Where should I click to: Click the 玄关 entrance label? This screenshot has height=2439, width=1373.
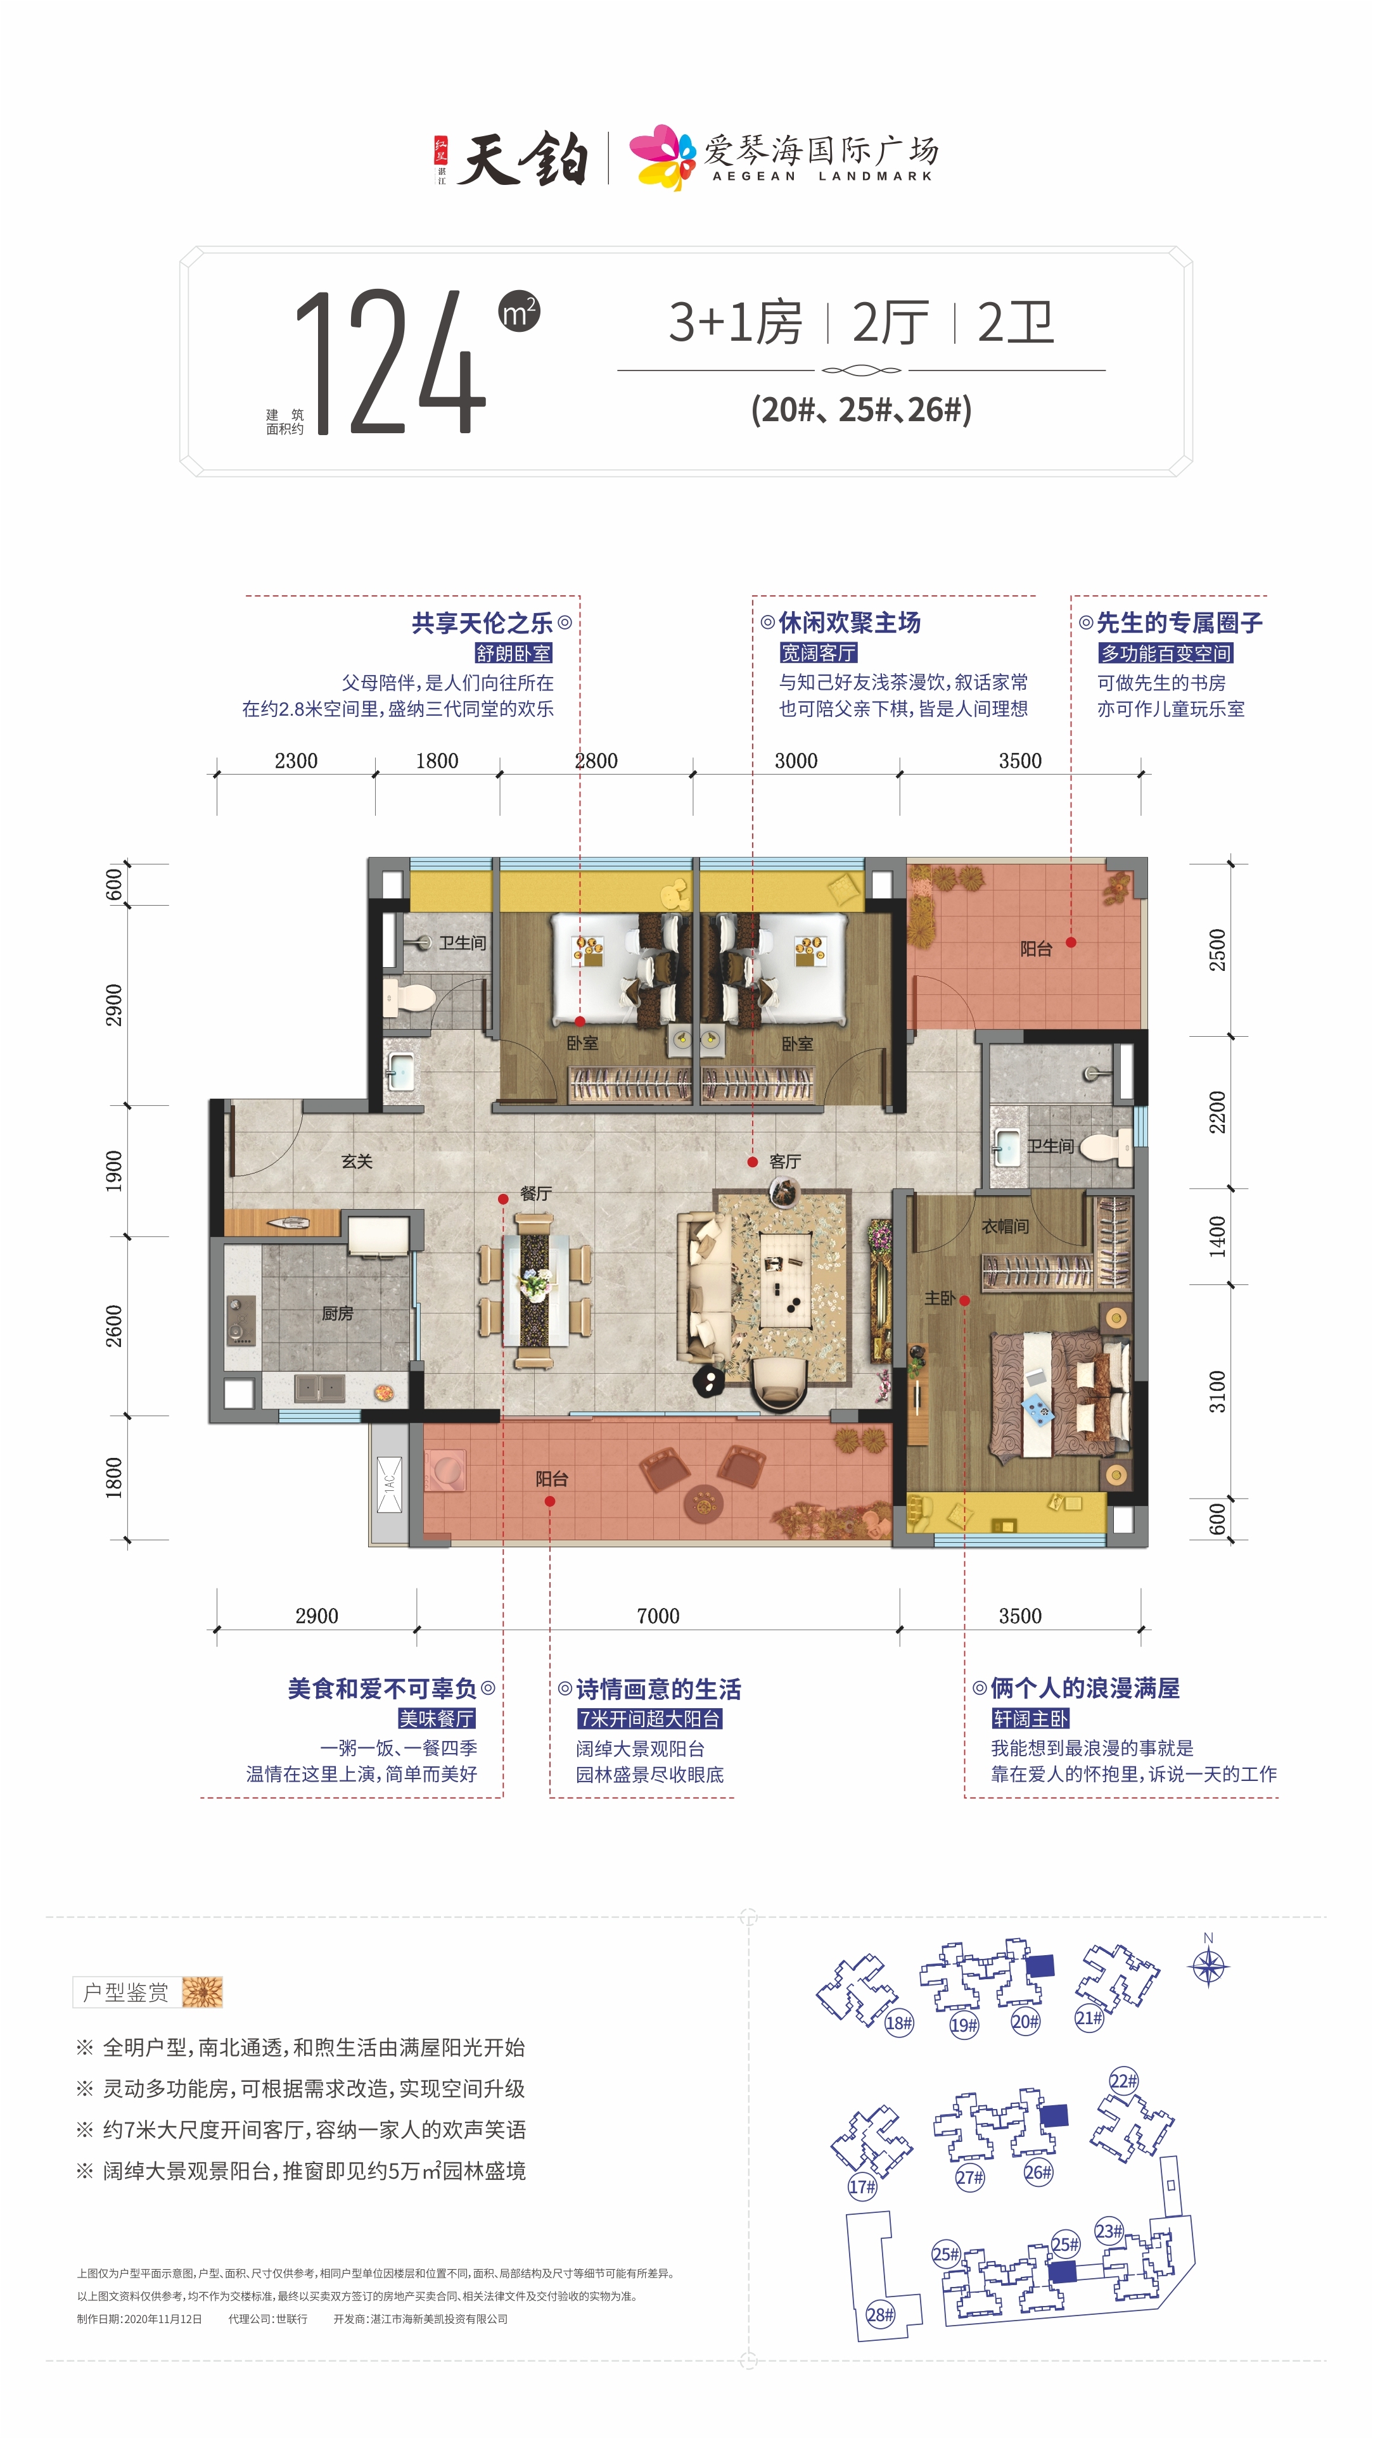tap(357, 1161)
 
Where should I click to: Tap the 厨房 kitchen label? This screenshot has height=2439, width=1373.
tap(337, 1314)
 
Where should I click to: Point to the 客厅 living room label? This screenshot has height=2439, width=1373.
tap(785, 1161)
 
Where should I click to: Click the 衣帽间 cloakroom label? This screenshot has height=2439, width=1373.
tap(1005, 1226)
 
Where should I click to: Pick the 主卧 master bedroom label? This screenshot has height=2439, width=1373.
tap(940, 1298)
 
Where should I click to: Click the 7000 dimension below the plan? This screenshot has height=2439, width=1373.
tap(658, 1616)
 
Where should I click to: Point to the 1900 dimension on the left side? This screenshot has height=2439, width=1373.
tap(113, 1170)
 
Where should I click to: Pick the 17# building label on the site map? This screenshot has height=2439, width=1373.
tap(862, 2186)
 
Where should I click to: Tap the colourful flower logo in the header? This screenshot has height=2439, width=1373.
tap(665, 156)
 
